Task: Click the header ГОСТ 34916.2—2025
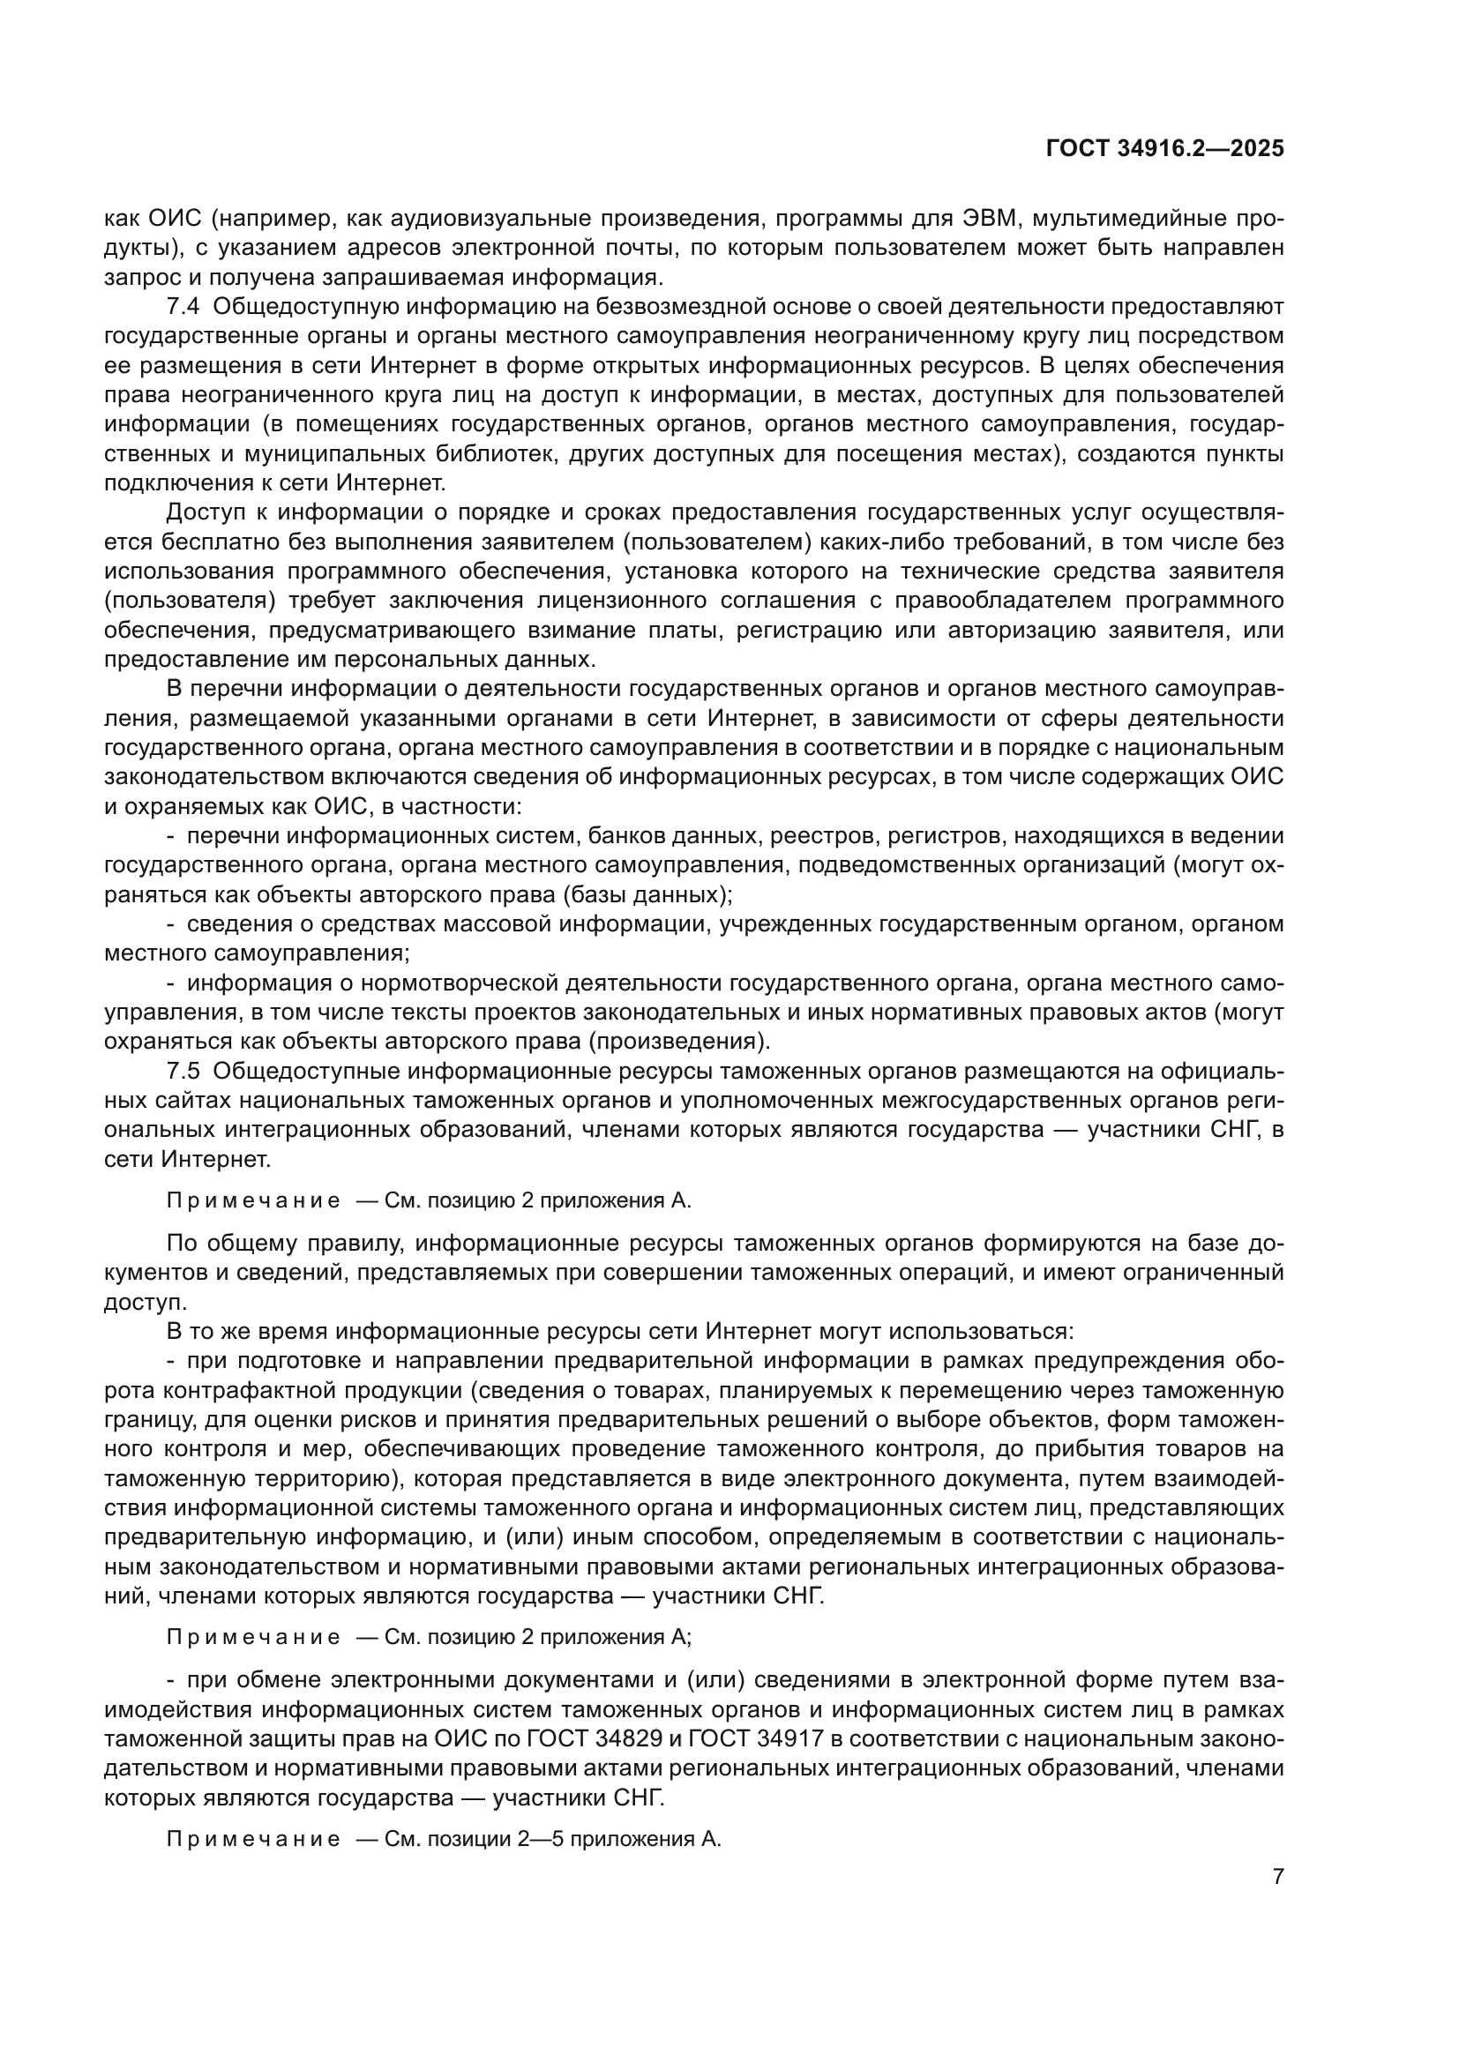coord(1164,149)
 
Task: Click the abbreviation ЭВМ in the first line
coord(989,219)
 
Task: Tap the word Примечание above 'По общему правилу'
coord(253,1200)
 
